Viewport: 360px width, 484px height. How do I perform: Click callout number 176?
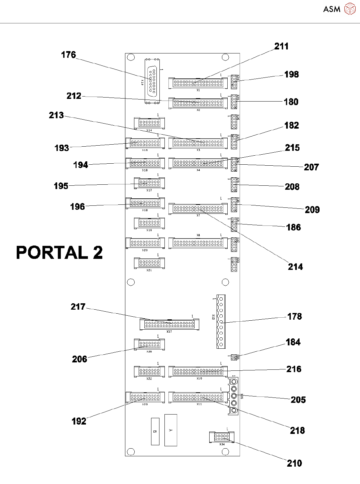(x=69, y=55)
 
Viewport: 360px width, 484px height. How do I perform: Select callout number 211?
(x=281, y=46)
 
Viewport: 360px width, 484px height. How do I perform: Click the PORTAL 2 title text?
(x=59, y=253)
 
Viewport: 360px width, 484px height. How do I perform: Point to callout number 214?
(x=295, y=267)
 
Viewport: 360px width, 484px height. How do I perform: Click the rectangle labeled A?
(x=170, y=430)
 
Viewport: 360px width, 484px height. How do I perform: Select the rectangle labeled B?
(x=155, y=432)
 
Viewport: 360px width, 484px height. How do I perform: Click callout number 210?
(x=294, y=463)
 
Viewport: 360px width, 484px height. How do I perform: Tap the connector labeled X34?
(x=222, y=437)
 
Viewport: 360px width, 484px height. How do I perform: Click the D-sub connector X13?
(x=152, y=82)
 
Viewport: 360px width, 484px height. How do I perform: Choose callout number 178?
(x=294, y=317)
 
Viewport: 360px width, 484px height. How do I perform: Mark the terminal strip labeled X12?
(x=221, y=321)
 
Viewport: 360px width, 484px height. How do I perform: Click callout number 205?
(x=298, y=400)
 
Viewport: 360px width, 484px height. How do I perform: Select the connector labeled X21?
(x=149, y=263)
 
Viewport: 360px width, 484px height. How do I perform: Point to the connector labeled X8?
(x=198, y=243)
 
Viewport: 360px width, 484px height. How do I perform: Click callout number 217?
(x=78, y=307)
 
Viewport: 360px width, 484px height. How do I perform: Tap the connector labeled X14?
(x=149, y=123)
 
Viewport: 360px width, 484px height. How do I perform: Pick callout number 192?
(x=79, y=421)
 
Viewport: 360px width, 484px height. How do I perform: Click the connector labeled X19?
(x=149, y=223)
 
